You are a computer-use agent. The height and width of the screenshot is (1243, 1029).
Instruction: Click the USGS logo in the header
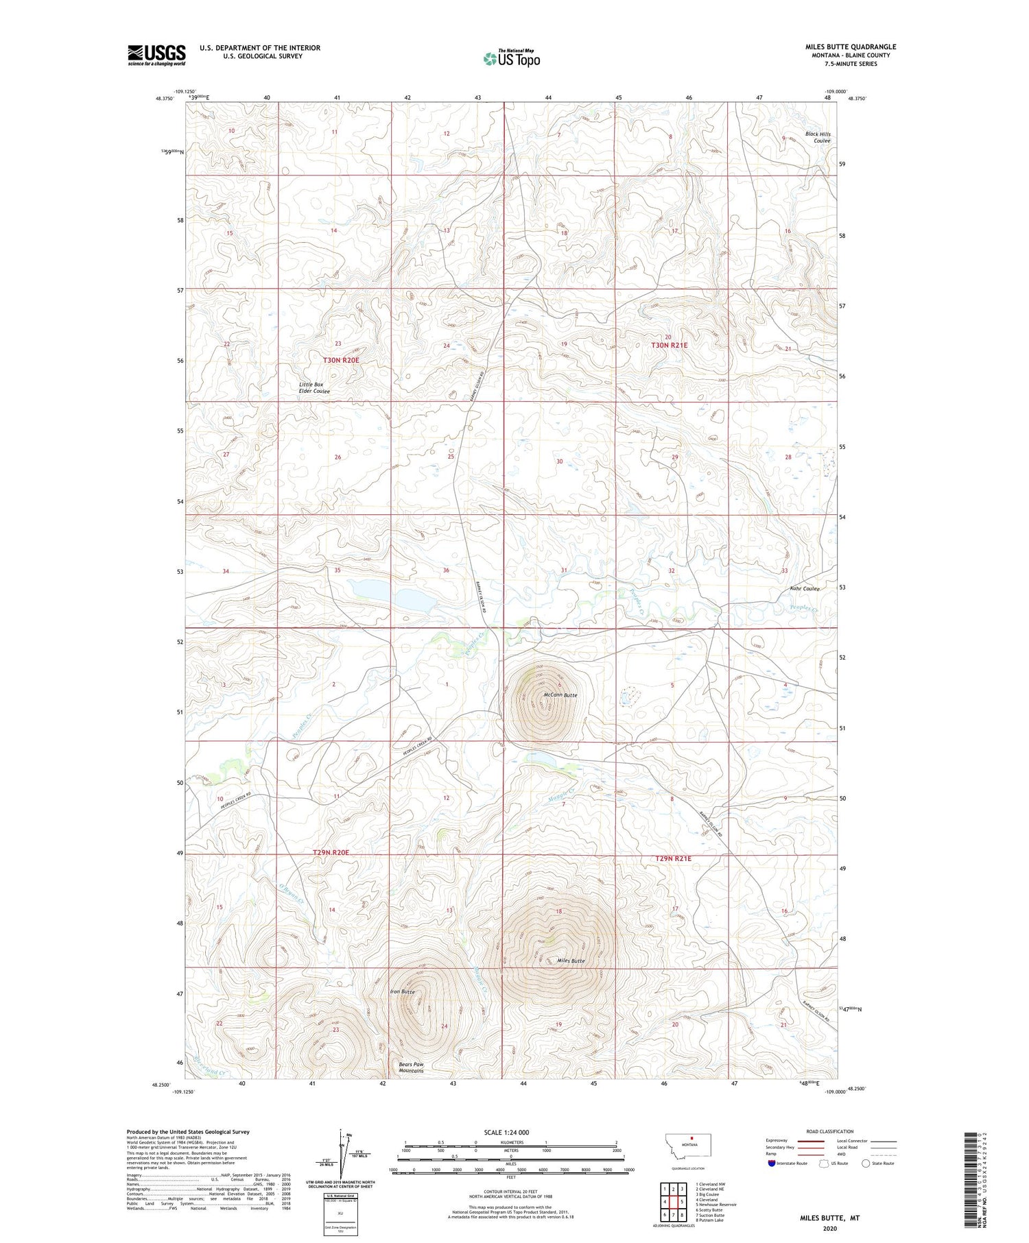point(156,55)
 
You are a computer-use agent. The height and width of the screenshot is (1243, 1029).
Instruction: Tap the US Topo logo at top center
point(512,59)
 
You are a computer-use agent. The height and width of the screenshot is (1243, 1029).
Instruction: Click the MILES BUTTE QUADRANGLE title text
point(851,47)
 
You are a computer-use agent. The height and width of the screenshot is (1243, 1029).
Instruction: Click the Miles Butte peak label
point(571,961)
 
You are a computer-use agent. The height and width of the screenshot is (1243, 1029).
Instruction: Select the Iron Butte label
point(402,992)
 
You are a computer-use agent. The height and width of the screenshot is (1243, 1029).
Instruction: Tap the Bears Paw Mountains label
point(412,1067)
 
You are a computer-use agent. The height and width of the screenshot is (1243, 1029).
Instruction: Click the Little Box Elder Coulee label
point(314,388)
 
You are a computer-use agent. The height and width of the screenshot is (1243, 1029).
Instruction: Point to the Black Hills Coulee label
point(818,137)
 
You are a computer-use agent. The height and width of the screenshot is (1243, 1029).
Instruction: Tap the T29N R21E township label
point(673,858)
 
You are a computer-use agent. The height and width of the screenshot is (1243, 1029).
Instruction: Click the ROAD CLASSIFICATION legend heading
point(830,1131)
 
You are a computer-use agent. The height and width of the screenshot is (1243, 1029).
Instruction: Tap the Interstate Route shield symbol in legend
point(771,1163)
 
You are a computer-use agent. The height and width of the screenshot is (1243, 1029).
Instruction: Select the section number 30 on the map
point(559,461)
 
